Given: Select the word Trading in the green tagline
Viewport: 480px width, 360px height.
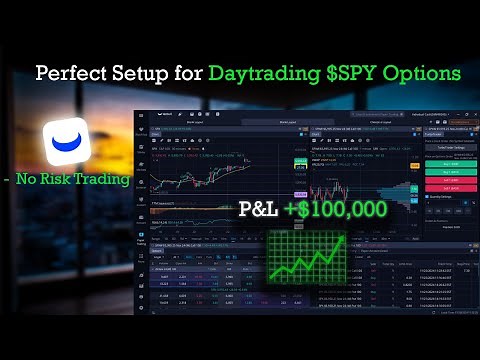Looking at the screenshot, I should [x=107, y=180].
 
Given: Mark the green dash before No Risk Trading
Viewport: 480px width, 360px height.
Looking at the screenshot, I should [x=8, y=180].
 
